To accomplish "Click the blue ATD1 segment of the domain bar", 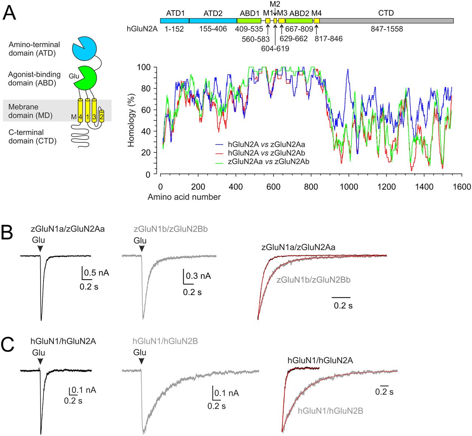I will pyautogui.click(x=175, y=21).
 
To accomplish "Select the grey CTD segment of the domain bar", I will pyautogui.click(x=386, y=21).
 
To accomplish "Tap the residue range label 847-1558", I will pyautogui.click(x=387, y=29).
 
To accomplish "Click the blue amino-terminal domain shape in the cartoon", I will pyautogui.click(x=84, y=48).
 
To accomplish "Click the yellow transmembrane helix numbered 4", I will pyautogui.click(x=80, y=111).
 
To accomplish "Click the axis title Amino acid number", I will pyautogui.click(x=184, y=197).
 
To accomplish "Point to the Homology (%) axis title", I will pyautogui.click(x=131, y=120).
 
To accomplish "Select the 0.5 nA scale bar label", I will pyautogui.click(x=97, y=273).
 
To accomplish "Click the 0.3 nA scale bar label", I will pyautogui.click(x=198, y=276).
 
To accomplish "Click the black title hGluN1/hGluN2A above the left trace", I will pyautogui.click(x=63, y=341).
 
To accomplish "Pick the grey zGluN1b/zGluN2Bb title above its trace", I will pyautogui.click(x=171, y=229).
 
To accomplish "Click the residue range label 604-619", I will pyautogui.click(x=275, y=48).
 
